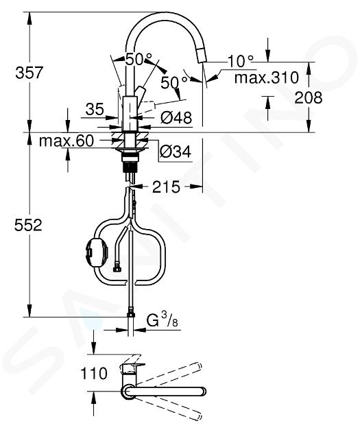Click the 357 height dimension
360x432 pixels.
(x=29, y=73)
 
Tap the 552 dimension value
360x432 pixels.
(x=28, y=225)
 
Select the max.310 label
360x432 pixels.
(x=266, y=77)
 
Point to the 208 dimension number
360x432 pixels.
(x=308, y=97)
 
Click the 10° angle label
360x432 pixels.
(x=241, y=61)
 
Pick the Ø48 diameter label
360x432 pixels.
(x=176, y=118)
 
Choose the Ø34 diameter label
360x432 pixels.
(x=176, y=152)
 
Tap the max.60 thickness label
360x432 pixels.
(x=67, y=141)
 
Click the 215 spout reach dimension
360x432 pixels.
(x=166, y=187)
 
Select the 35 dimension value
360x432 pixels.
(x=95, y=109)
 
